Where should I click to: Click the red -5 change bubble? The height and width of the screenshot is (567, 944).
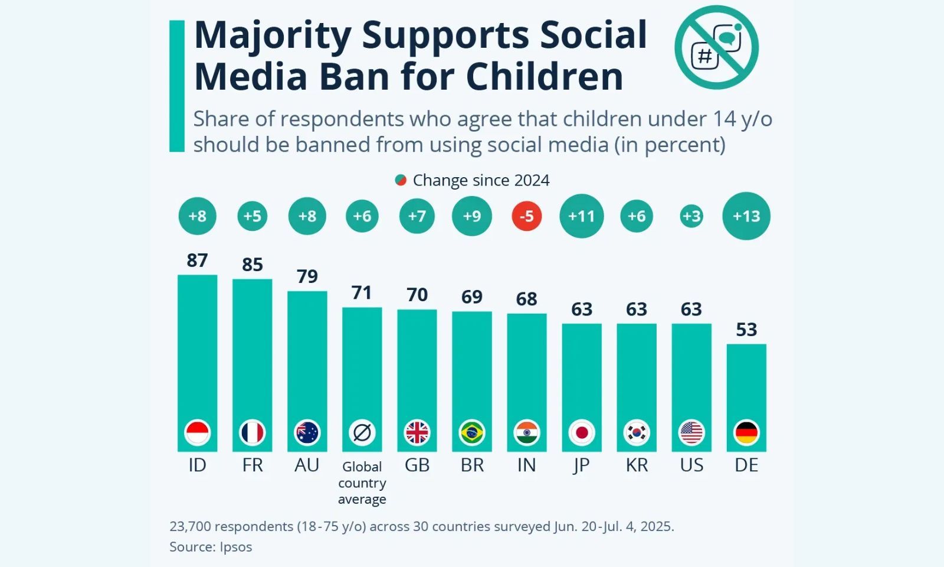[x=526, y=216]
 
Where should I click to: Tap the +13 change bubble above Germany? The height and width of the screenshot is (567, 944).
[x=746, y=216]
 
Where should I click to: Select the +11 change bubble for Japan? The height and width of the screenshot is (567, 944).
[x=581, y=216]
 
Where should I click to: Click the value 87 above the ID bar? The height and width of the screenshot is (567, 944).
[x=197, y=260]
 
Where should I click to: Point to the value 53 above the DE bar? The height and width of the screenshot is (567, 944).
[x=746, y=330]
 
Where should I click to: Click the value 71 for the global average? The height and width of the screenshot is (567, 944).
[x=362, y=293]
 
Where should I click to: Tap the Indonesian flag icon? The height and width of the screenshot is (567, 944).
[x=197, y=433]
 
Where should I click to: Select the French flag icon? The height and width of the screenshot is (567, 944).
[x=252, y=433]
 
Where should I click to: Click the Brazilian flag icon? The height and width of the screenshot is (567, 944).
[x=471, y=433]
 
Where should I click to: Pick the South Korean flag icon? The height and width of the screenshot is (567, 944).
[x=637, y=433]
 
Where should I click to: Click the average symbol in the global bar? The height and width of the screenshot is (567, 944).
[x=362, y=433]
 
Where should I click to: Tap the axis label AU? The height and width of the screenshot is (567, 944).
[x=307, y=465]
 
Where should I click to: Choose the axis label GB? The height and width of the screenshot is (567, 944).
[x=417, y=465]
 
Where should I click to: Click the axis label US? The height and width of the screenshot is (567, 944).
[x=691, y=465]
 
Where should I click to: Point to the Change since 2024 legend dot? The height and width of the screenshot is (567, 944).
[x=401, y=180]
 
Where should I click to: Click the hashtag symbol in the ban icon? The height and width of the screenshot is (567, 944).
[x=704, y=56]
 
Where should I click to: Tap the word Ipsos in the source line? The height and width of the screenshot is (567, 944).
[x=235, y=547]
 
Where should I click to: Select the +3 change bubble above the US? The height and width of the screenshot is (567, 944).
[x=691, y=216]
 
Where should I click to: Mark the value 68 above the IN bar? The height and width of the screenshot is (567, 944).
[x=526, y=299]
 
